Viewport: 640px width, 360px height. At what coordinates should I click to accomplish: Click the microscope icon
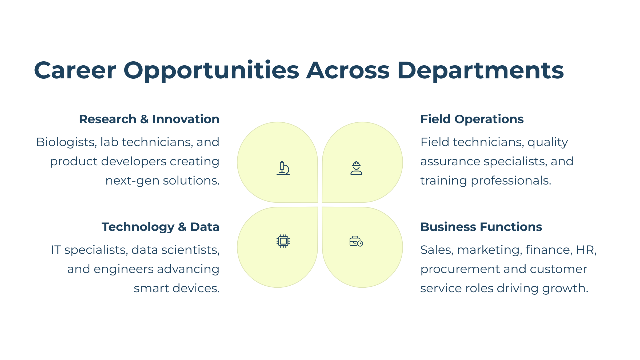click(283, 168)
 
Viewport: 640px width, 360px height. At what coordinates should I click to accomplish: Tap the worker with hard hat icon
click(356, 168)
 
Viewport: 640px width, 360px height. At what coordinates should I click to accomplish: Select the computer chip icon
click(283, 241)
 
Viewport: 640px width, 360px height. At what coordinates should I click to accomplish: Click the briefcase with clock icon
click(356, 241)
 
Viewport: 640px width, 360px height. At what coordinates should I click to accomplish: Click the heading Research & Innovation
click(149, 119)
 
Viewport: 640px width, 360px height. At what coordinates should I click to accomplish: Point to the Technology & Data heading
click(161, 227)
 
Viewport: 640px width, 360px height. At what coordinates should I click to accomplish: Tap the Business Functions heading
click(481, 227)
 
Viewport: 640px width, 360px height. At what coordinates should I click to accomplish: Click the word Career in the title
click(75, 70)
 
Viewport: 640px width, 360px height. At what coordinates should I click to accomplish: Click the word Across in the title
click(348, 70)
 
